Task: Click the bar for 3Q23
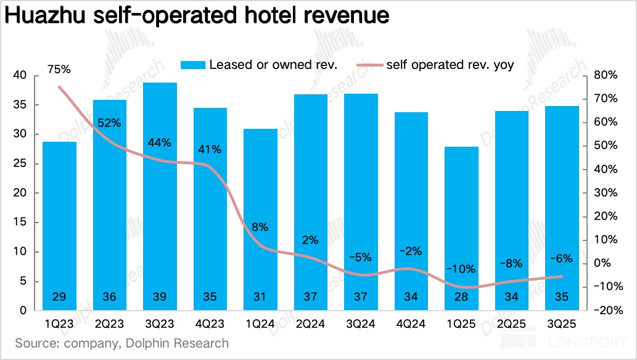pos(160,197)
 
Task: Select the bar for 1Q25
pos(461,228)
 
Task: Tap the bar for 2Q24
pos(311,203)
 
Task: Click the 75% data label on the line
pos(59,70)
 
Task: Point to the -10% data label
pos(461,269)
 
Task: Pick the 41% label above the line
pos(210,150)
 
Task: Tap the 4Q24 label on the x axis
pos(411,324)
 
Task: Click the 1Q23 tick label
pos(59,324)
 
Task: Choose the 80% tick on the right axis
pos(604,76)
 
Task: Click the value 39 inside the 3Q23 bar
pos(160,297)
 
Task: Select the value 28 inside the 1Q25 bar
pos(461,297)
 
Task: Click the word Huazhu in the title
pos(47,16)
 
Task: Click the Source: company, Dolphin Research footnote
pos(121,343)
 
